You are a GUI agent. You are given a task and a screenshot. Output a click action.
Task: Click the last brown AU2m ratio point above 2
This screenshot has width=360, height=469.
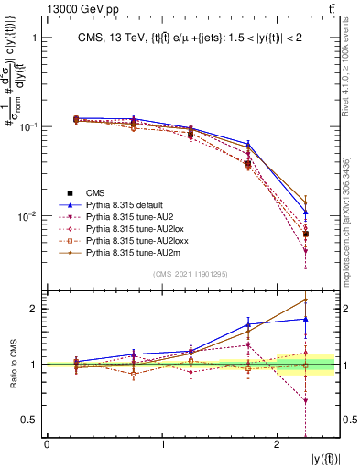point(305,300)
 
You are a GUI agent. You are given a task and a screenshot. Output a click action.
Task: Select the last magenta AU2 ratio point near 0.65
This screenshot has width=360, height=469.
point(305,401)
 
